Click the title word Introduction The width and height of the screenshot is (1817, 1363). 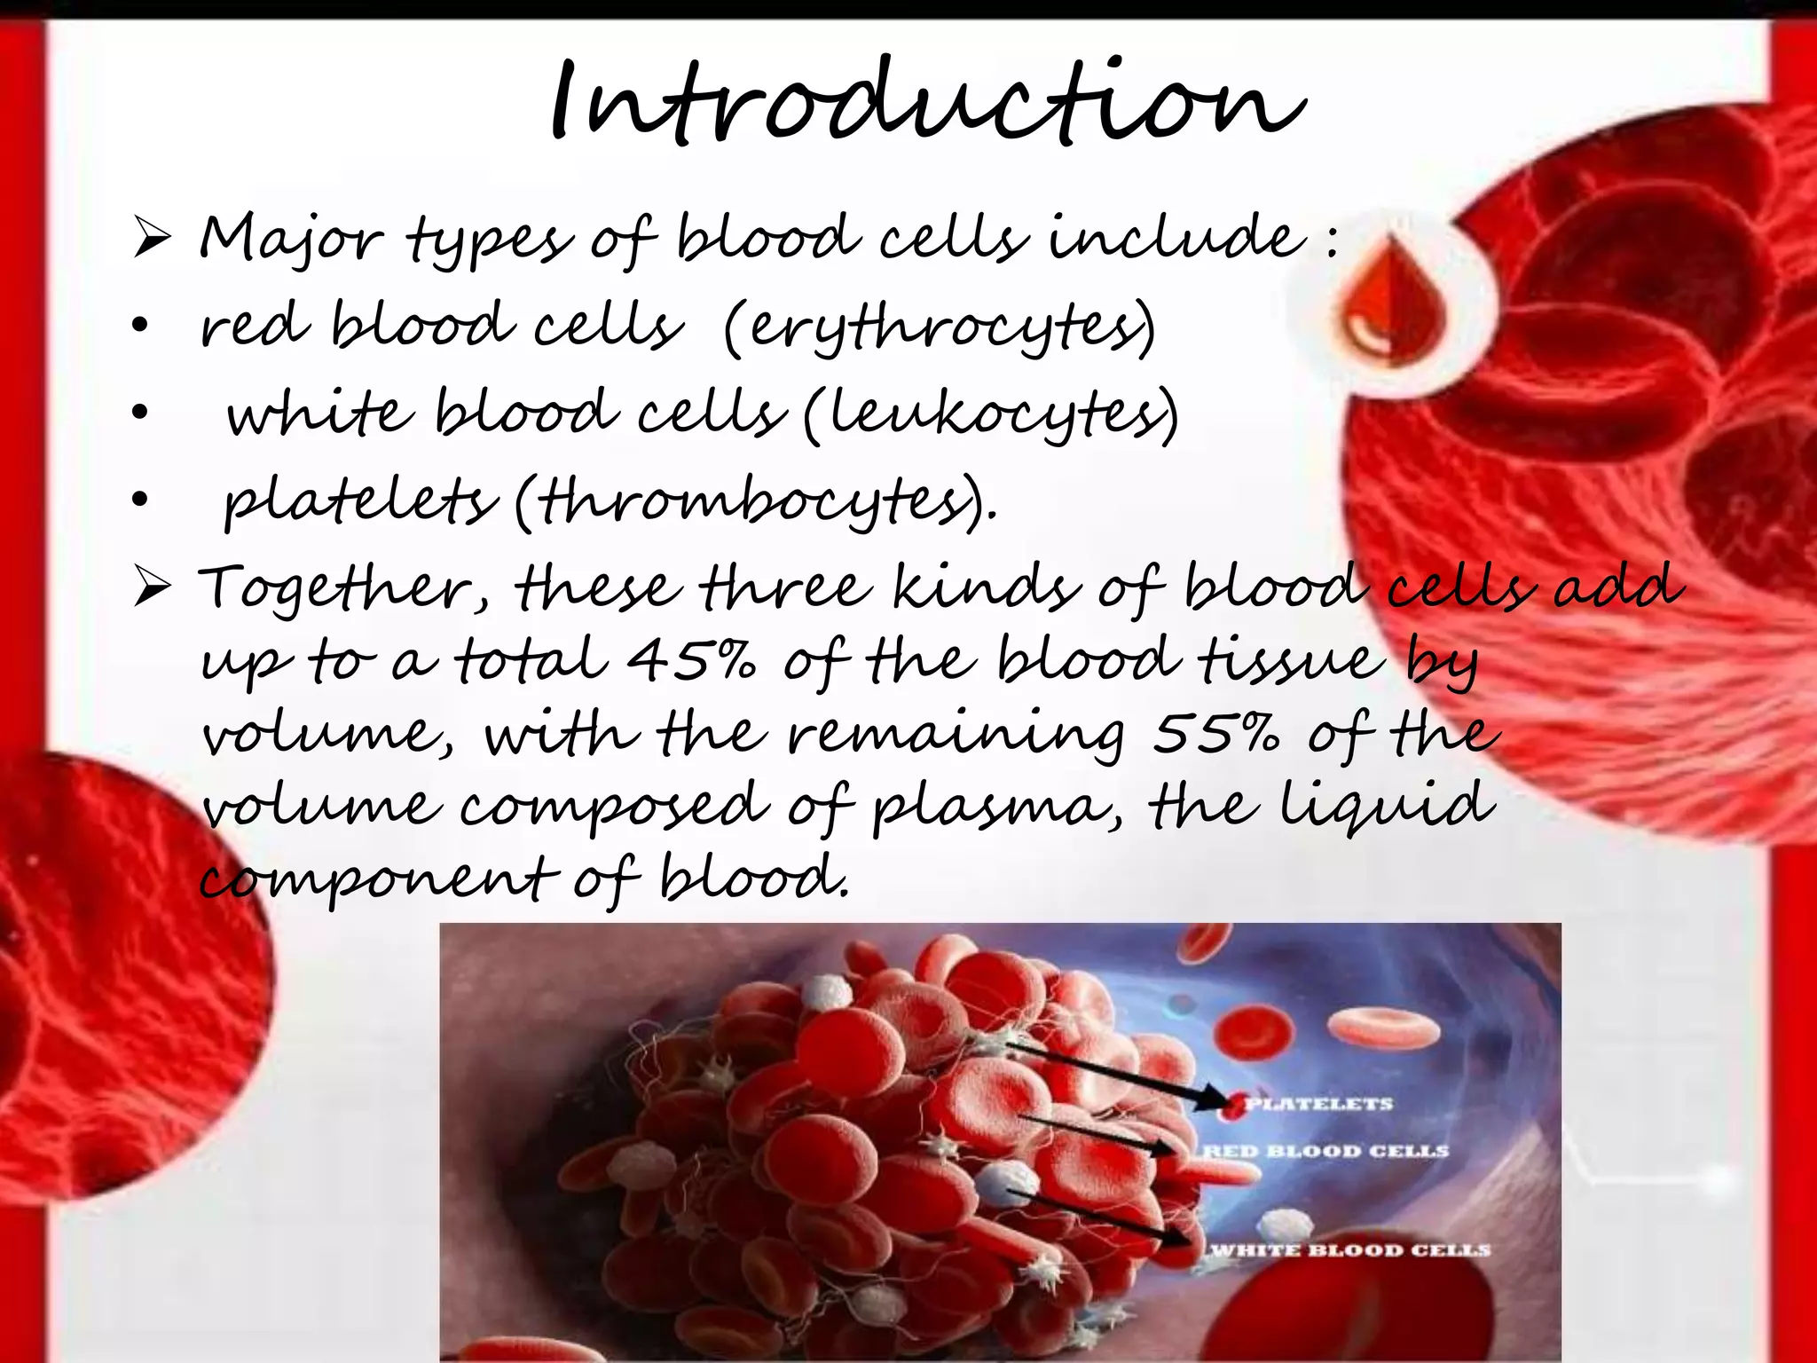click(927, 105)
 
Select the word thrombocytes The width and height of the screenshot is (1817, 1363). click(754, 501)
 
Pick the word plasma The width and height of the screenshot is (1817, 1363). click(996, 808)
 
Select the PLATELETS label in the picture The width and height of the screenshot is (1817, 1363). click(1318, 1104)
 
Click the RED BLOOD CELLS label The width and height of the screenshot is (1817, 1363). click(1325, 1151)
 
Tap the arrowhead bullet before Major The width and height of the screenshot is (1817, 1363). click(152, 239)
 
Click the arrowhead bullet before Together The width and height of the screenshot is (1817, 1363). click(152, 588)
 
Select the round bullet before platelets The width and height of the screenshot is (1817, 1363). click(139, 500)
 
